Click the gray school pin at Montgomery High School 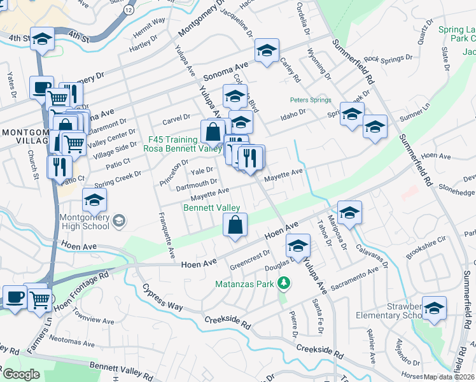click(119, 221)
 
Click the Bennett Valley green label click(211, 208)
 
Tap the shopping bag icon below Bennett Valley click(235, 225)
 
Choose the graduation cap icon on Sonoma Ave click(267, 51)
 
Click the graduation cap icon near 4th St click(42, 38)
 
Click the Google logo click(21, 374)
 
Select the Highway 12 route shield click(129, 11)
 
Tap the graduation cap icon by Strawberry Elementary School click(434, 309)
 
